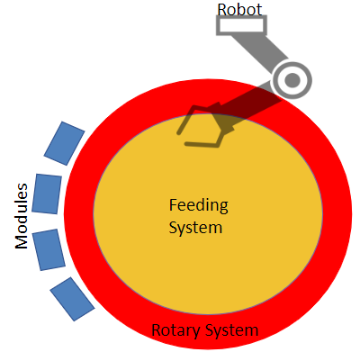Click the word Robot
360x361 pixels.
[x=239, y=9]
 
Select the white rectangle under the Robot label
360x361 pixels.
[x=241, y=25]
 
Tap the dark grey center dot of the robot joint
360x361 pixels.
[x=292, y=80]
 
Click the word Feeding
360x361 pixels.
[x=199, y=205]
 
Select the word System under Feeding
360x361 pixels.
[x=195, y=228]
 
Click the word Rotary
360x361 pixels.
[x=175, y=330]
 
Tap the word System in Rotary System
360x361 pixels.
[x=231, y=330]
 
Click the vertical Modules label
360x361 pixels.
[x=22, y=216]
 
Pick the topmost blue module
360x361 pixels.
[x=64, y=143]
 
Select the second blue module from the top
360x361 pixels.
[x=47, y=194]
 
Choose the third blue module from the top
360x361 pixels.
[x=49, y=249]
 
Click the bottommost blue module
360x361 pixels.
[x=72, y=299]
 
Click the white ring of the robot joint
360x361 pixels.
[x=292, y=80]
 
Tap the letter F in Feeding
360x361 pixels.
[x=174, y=204]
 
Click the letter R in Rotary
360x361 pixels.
[x=157, y=330]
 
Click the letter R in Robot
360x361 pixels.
[x=222, y=10]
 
